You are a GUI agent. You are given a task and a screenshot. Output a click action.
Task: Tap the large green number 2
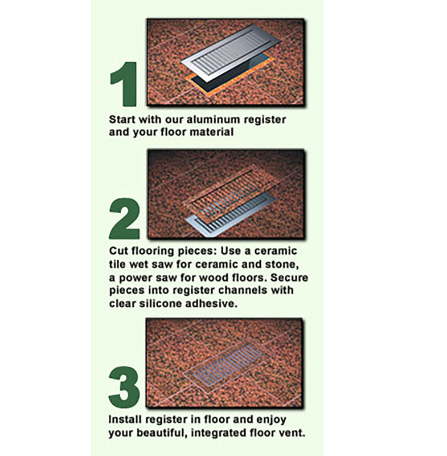124,218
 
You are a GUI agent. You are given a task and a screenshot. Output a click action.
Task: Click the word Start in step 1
122,120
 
